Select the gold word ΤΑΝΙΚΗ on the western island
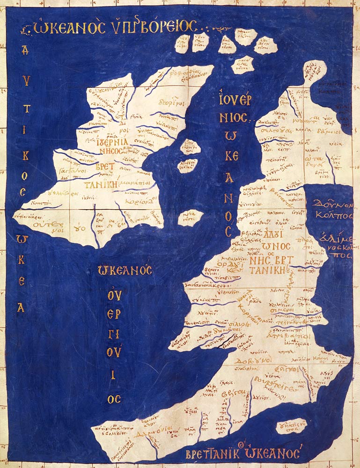coord(100,184)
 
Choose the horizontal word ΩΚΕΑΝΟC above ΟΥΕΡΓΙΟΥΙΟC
coord(125,270)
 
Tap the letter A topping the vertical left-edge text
coord(25,51)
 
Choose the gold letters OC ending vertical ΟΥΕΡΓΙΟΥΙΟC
coord(114,398)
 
